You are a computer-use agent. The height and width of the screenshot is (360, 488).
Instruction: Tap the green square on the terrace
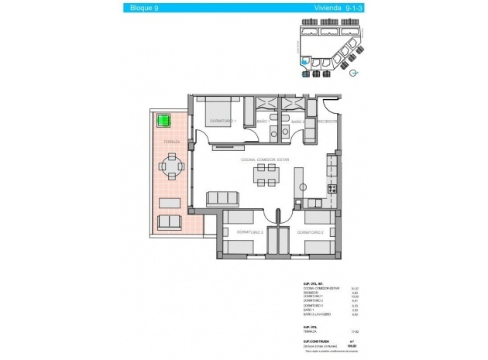tap(163, 120)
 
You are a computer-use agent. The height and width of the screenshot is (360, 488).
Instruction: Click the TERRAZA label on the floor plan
tap(172, 142)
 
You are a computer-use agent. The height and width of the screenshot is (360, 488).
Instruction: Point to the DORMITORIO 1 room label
tap(223, 129)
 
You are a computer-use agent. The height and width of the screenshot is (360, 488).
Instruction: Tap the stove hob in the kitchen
tap(332, 188)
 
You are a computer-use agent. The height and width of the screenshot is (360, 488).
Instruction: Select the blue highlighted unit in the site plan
tap(309, 63)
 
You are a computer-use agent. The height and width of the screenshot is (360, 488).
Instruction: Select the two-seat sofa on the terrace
tap(170, 223)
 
